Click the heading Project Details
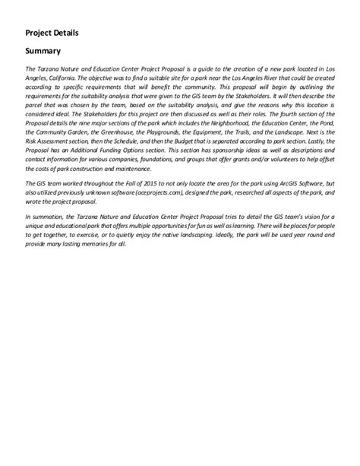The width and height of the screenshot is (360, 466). click(x=52, y=33)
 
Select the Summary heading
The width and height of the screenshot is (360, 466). click(x=43, y=52)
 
